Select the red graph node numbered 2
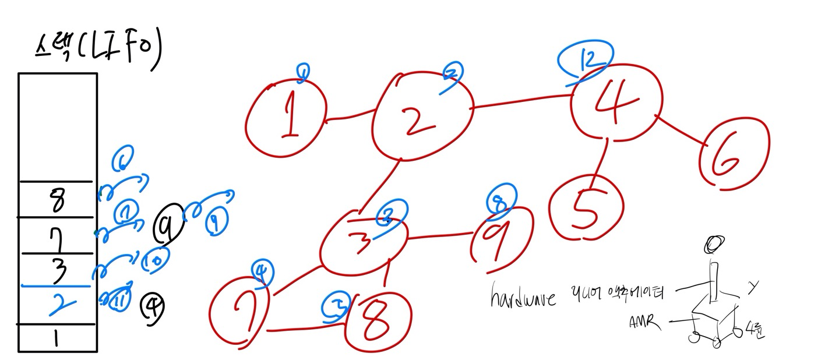pos(421,117)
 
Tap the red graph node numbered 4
pos(616,102)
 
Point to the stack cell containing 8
pos(57,200)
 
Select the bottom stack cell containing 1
pos(57,338)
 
